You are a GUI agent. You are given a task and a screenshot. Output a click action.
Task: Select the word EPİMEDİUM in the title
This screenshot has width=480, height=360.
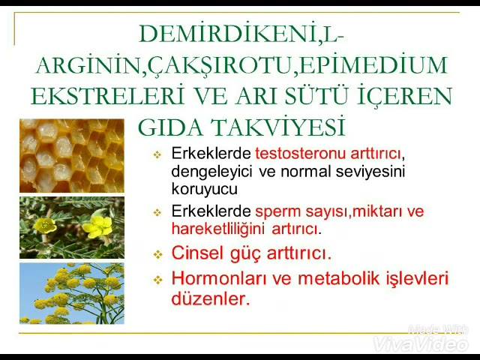click(373, 64)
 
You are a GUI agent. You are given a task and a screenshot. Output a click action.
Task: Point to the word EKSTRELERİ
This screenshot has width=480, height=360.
click(108, 95)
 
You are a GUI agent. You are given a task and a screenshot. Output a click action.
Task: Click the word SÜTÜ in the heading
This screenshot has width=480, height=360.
click(316, 95)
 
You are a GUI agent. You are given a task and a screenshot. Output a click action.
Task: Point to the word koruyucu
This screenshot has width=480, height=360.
click(204, 189)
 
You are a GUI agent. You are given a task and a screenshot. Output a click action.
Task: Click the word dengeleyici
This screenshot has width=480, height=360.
click(211, 172)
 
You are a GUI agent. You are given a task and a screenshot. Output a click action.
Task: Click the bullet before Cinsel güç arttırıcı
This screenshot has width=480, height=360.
click(157, 254)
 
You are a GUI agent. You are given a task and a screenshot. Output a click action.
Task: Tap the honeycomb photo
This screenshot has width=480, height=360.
click(72, 156)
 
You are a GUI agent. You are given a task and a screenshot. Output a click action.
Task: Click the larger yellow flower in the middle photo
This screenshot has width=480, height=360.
click(98, 226)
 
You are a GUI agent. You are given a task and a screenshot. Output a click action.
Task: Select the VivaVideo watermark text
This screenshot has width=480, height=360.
click(421, 344)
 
